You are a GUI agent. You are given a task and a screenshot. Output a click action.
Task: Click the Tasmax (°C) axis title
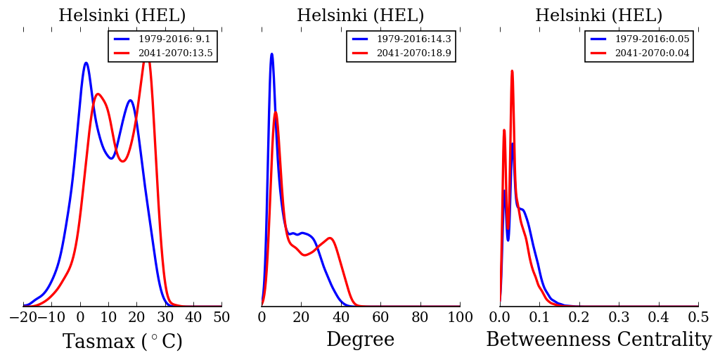(122, 342)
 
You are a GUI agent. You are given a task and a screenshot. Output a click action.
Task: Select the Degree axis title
(360, 340)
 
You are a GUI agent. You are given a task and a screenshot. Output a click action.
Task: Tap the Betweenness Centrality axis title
(598, 340)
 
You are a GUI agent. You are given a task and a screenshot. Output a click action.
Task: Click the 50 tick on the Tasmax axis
(221, 317)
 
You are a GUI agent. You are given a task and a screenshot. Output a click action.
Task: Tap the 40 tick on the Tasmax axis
(193, 317)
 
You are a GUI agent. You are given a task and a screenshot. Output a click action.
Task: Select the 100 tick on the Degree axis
(460, 317)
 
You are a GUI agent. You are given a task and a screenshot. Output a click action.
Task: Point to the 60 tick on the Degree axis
(380, 317)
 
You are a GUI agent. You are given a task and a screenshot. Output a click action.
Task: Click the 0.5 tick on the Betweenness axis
(698, 317)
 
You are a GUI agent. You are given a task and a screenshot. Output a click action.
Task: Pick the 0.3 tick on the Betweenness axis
(619, 317)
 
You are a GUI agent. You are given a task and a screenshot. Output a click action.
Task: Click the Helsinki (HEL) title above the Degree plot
(360, 15)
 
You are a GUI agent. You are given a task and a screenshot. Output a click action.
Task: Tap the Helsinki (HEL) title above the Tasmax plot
(122, 15)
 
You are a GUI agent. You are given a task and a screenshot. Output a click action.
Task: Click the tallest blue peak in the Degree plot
(271, 54)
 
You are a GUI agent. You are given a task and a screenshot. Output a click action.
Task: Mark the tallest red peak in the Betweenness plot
(512, 71)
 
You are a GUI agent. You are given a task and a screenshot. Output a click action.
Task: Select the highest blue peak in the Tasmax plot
(86, 63)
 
